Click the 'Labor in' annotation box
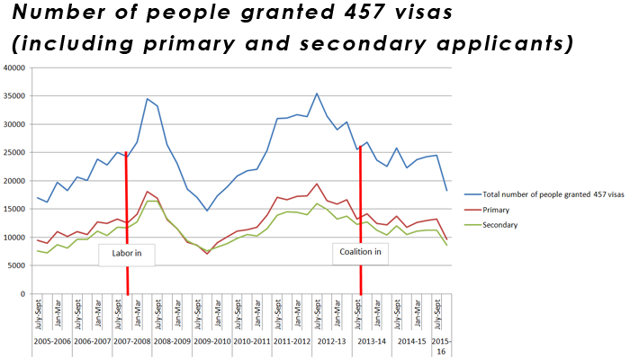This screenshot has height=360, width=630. click(126, 254)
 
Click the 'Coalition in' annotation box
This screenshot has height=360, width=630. click(360, 252)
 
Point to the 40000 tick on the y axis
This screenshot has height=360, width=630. click(15, 67)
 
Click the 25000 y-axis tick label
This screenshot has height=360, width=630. click(15, 153)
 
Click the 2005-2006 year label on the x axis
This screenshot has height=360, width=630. click(51, 343)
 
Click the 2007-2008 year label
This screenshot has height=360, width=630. click(131, 343)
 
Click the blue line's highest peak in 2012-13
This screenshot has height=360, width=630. click(317, 93)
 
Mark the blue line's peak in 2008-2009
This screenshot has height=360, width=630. click(148, 98)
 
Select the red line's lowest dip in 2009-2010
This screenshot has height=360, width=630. click(207, 254)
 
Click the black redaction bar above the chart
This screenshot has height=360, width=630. click(292, 29)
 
